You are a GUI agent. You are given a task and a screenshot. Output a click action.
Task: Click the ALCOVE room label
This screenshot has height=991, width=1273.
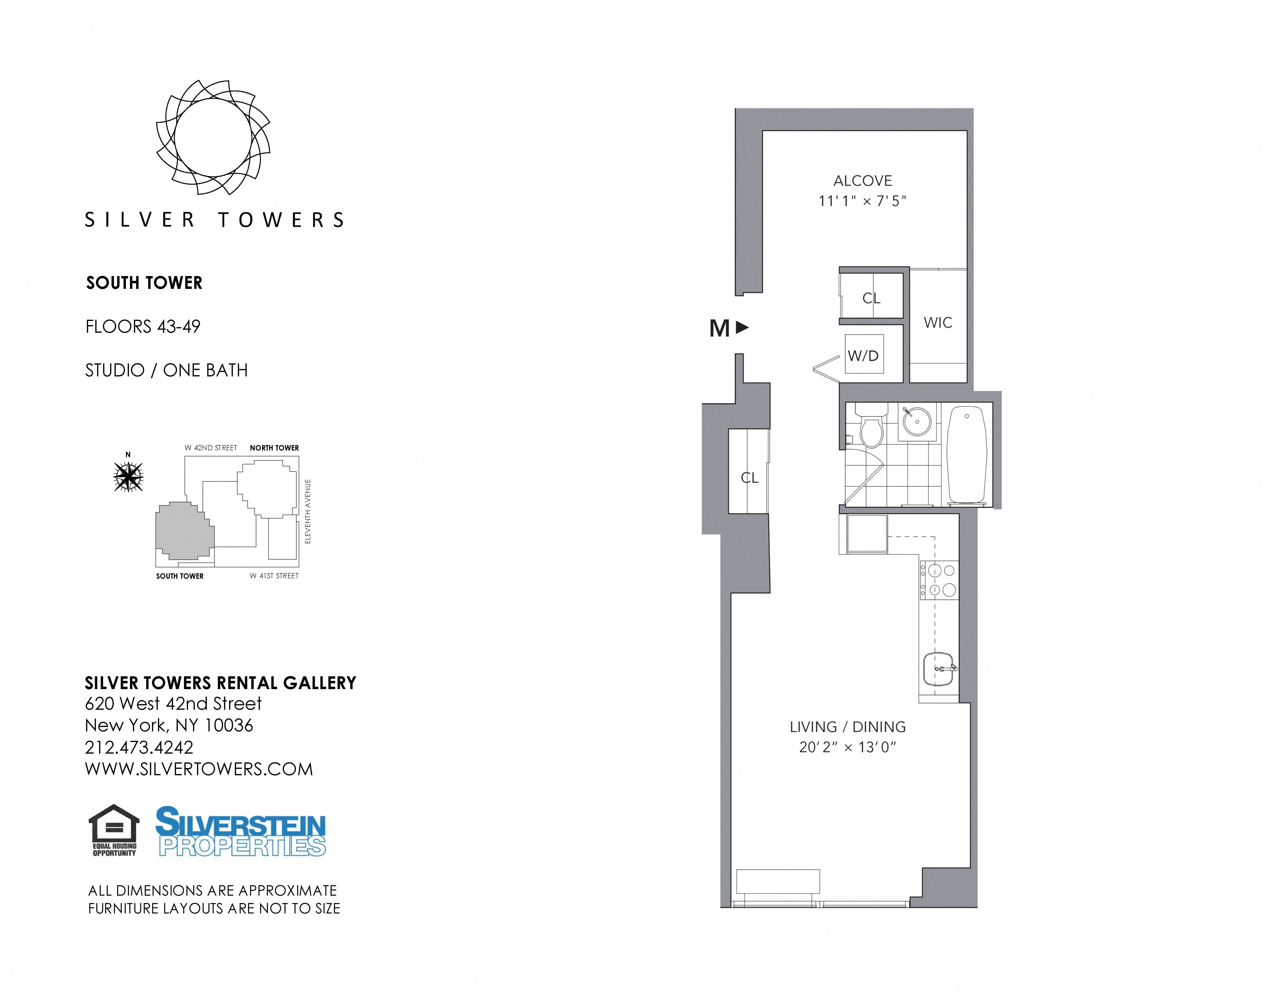(863, 181)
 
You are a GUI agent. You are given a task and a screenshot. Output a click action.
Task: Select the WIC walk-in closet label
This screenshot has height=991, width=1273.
(938, 323)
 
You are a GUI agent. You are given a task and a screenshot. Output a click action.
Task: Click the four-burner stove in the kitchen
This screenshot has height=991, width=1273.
(938, 580)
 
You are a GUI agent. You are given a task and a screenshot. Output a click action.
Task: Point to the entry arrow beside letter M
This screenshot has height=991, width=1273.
(742, 328)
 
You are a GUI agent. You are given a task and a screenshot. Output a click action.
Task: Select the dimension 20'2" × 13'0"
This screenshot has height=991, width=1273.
(848, 747)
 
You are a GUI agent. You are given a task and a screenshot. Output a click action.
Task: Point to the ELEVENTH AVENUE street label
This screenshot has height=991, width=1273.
(308, 512)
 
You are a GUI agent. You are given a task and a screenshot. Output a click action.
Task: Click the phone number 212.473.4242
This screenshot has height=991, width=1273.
(139, 747)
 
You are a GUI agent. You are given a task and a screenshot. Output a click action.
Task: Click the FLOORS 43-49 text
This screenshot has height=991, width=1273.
(143, 327)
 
